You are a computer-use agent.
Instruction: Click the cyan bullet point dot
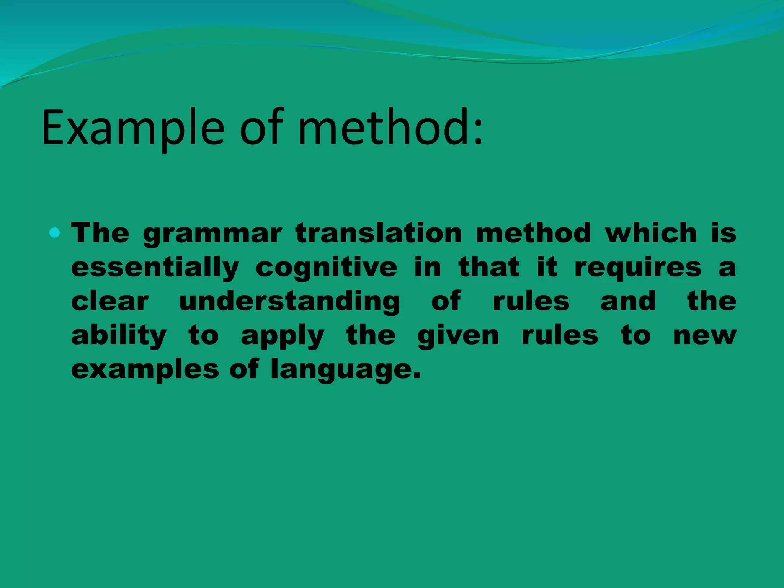pos(55,232)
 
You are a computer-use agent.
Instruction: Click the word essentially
pos(155,268)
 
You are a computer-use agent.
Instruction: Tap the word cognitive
pos(326,268)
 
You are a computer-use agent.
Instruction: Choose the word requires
pos(638,268)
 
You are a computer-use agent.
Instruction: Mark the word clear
pos(110,301)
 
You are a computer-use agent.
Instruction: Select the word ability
pos(119,336)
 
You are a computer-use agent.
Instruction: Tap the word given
pos(458,336)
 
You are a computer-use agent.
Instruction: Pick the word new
pos(705,336)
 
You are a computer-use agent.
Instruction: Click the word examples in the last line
pos(145,370)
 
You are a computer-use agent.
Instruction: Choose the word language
pos(345,370)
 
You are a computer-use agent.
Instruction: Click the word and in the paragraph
pos(628,301)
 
